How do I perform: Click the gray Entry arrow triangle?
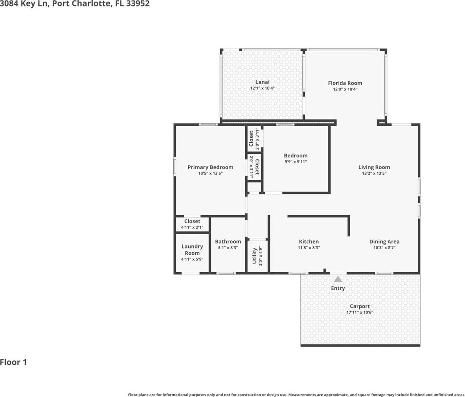click(338, 279)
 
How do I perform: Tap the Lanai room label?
click(262, 82)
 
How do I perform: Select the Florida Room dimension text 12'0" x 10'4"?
click(345, 89)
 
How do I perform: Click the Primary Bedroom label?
click(210, 167)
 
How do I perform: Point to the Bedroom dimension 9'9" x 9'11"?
click(296, 162)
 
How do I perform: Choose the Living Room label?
click(374, 167)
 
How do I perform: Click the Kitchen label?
click(309, 242)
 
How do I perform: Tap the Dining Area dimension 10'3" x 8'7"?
click(384, 248)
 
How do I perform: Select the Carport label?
click(360, 306)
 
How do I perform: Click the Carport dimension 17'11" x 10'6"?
click(360, 312)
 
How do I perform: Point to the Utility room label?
click(254, 256)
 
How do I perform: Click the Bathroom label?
click(228, 242)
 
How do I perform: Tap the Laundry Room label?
click(192, 250)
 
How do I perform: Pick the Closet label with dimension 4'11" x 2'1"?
click(192, 221)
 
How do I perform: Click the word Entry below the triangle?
click(338, 288)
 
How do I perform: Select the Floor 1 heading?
click(13, 362)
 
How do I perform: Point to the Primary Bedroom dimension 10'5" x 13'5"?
click(210, 173)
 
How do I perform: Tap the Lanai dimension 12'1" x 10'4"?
click(262, 88)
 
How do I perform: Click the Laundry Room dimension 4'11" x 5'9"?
click(192, 259)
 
